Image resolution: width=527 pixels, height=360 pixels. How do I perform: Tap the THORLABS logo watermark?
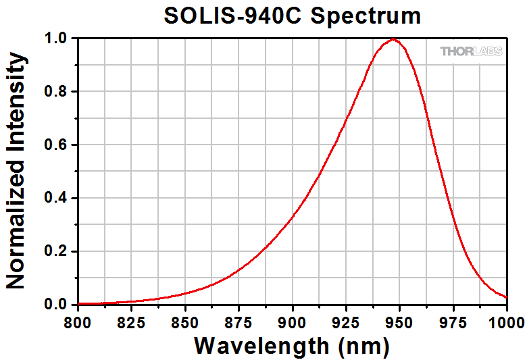click(x=472, y=51)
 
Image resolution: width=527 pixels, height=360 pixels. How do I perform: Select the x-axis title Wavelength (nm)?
click(x=292, y=346)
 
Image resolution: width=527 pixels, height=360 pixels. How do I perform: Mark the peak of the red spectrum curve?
click(x=393, y=39)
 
